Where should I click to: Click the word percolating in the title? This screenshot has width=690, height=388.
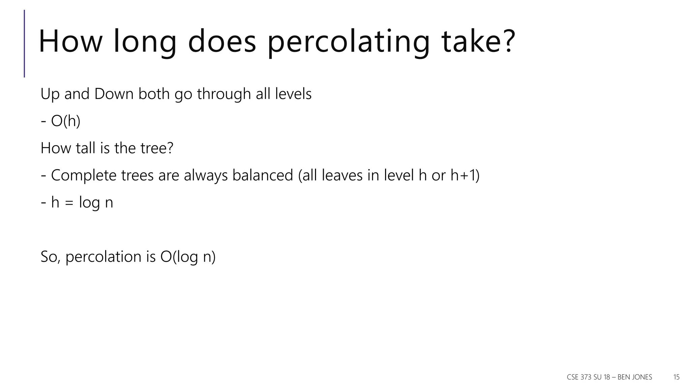coord(348,42)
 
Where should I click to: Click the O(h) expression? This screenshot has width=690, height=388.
coord(66,121)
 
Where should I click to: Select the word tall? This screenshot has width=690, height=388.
coord(86,148)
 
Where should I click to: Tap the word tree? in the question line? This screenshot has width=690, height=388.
coord(157,148)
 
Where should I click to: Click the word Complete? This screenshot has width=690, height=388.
coord(83,175)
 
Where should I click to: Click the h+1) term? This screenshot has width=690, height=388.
coord(465,175)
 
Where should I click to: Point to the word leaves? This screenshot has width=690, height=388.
coord(342,175)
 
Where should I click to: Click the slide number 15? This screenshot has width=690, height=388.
coord(676,377)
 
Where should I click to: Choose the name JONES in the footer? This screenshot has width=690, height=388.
coord(642,377)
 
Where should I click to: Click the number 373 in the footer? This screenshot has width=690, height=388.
coord(587,377)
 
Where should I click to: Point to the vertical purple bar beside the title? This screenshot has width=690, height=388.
coord(24,43)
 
